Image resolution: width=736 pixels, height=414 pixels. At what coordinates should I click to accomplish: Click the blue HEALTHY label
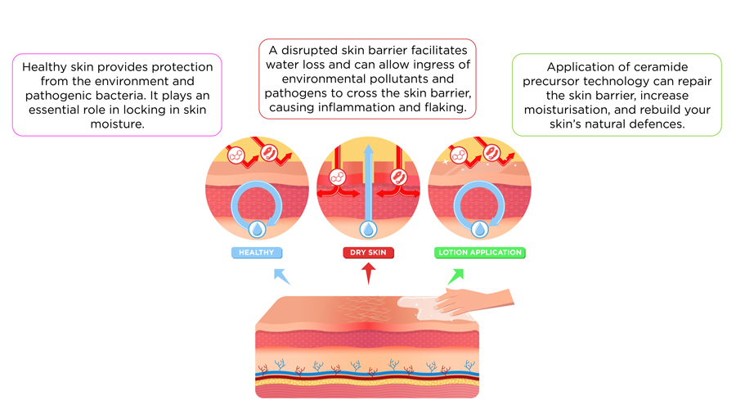point(256,253)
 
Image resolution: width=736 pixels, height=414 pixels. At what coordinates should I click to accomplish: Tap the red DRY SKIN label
point(368,253)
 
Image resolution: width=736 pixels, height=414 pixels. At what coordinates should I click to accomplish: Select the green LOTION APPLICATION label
point(480,253)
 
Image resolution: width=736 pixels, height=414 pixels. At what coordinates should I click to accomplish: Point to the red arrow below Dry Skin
point(368,272)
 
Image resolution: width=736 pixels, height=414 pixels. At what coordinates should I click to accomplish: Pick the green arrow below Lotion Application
point(456,276)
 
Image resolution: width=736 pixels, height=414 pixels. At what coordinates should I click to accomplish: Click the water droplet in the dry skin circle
point(368,229)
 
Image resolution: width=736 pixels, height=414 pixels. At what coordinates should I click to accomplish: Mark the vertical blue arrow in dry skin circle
point(368,180)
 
